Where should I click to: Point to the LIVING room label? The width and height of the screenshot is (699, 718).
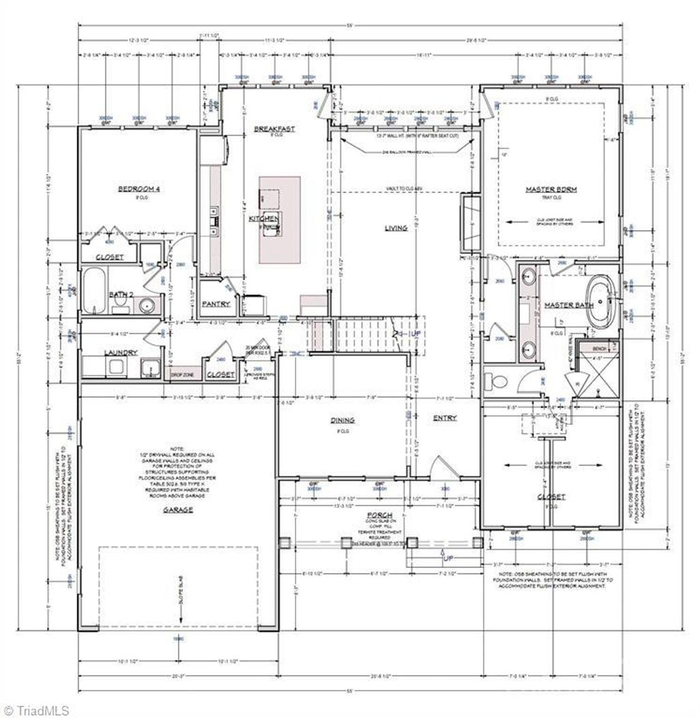[396, 228]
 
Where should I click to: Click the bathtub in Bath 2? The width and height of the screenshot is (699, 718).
[94, 292]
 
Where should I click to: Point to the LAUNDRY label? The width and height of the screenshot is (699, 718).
[121, 353]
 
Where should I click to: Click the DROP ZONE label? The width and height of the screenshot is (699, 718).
[183, 375]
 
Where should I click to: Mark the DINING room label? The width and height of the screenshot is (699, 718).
[343, 421]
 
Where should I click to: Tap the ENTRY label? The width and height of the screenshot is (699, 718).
[444, 418]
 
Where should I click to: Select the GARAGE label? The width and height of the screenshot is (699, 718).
[180, 509]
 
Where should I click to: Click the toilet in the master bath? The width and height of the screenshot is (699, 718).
[496, 381]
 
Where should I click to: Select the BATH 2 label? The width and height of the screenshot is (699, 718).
[121, 295]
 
